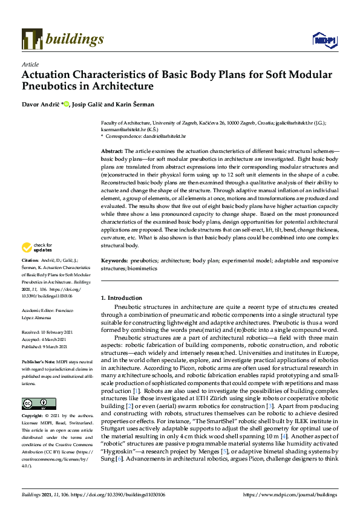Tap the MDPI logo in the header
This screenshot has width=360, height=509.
click(x=324, y=40)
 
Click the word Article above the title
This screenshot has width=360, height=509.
click(x=30, y=64)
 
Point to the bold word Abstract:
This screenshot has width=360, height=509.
click(x=112, y=151)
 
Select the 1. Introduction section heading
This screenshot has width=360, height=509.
click(x=122, y=298)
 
